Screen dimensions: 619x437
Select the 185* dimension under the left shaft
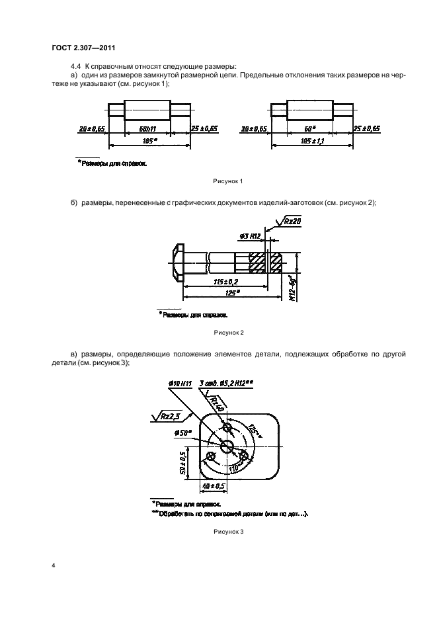pos(149,141)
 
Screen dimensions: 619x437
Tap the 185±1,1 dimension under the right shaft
pos(309,141)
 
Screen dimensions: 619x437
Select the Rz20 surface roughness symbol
pos(289,222)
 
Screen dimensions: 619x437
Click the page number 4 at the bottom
pos(53,565)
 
